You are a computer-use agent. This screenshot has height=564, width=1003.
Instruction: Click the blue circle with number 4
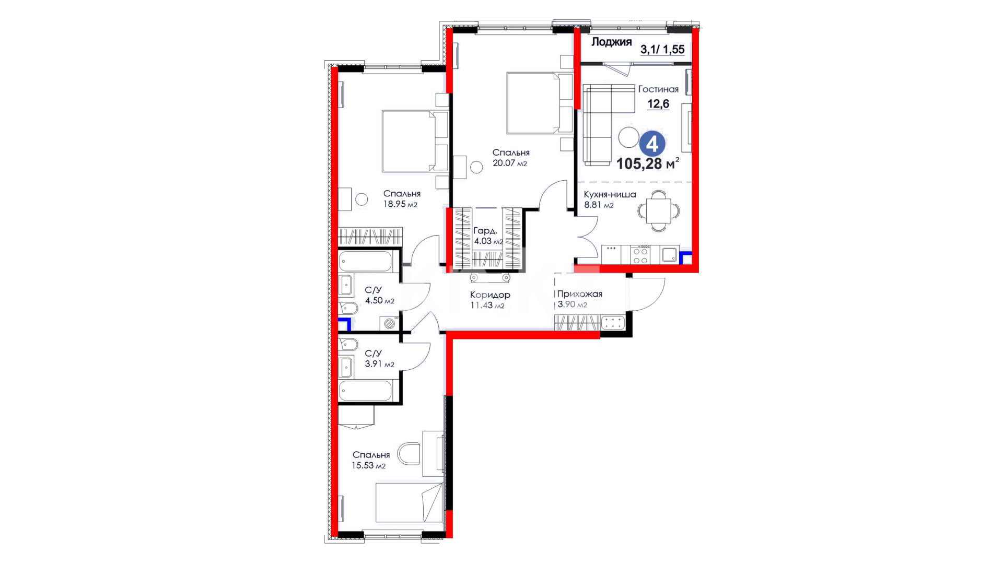point(652,144)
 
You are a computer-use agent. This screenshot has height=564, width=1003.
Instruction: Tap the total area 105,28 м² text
point(648,163)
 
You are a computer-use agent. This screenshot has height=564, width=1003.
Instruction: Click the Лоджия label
point(612,42)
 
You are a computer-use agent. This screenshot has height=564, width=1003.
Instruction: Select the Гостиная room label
point(658,89)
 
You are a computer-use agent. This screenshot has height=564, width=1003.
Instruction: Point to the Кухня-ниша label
point(610,195)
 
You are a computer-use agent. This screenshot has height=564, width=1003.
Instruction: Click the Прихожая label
point(579,294)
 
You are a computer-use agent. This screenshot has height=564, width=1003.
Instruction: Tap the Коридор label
point(490,295)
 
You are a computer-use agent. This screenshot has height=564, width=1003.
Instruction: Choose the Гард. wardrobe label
point(485,231)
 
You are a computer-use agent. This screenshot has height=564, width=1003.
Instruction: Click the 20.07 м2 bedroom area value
point(510,163)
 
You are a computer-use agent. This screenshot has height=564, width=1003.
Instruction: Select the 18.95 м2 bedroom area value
point(401,204)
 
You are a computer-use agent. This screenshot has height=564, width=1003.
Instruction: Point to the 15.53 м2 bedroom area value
point(368,465)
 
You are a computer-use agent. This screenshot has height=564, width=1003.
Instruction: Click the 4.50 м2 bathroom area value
point(380,301)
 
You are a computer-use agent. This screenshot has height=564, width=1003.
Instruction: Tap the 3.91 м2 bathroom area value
point(380,364)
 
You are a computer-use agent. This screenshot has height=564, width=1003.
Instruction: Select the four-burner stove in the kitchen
point(641,255)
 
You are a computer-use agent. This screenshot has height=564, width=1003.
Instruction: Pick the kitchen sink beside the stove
point(669,255)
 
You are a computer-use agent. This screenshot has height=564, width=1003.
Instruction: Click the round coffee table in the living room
point(629,137)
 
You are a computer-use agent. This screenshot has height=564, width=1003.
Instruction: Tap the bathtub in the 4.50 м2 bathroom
point(365,262)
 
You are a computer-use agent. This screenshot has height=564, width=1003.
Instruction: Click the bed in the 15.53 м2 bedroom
point(409,502)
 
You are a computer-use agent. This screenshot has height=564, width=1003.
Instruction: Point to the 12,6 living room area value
point(658,104)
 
